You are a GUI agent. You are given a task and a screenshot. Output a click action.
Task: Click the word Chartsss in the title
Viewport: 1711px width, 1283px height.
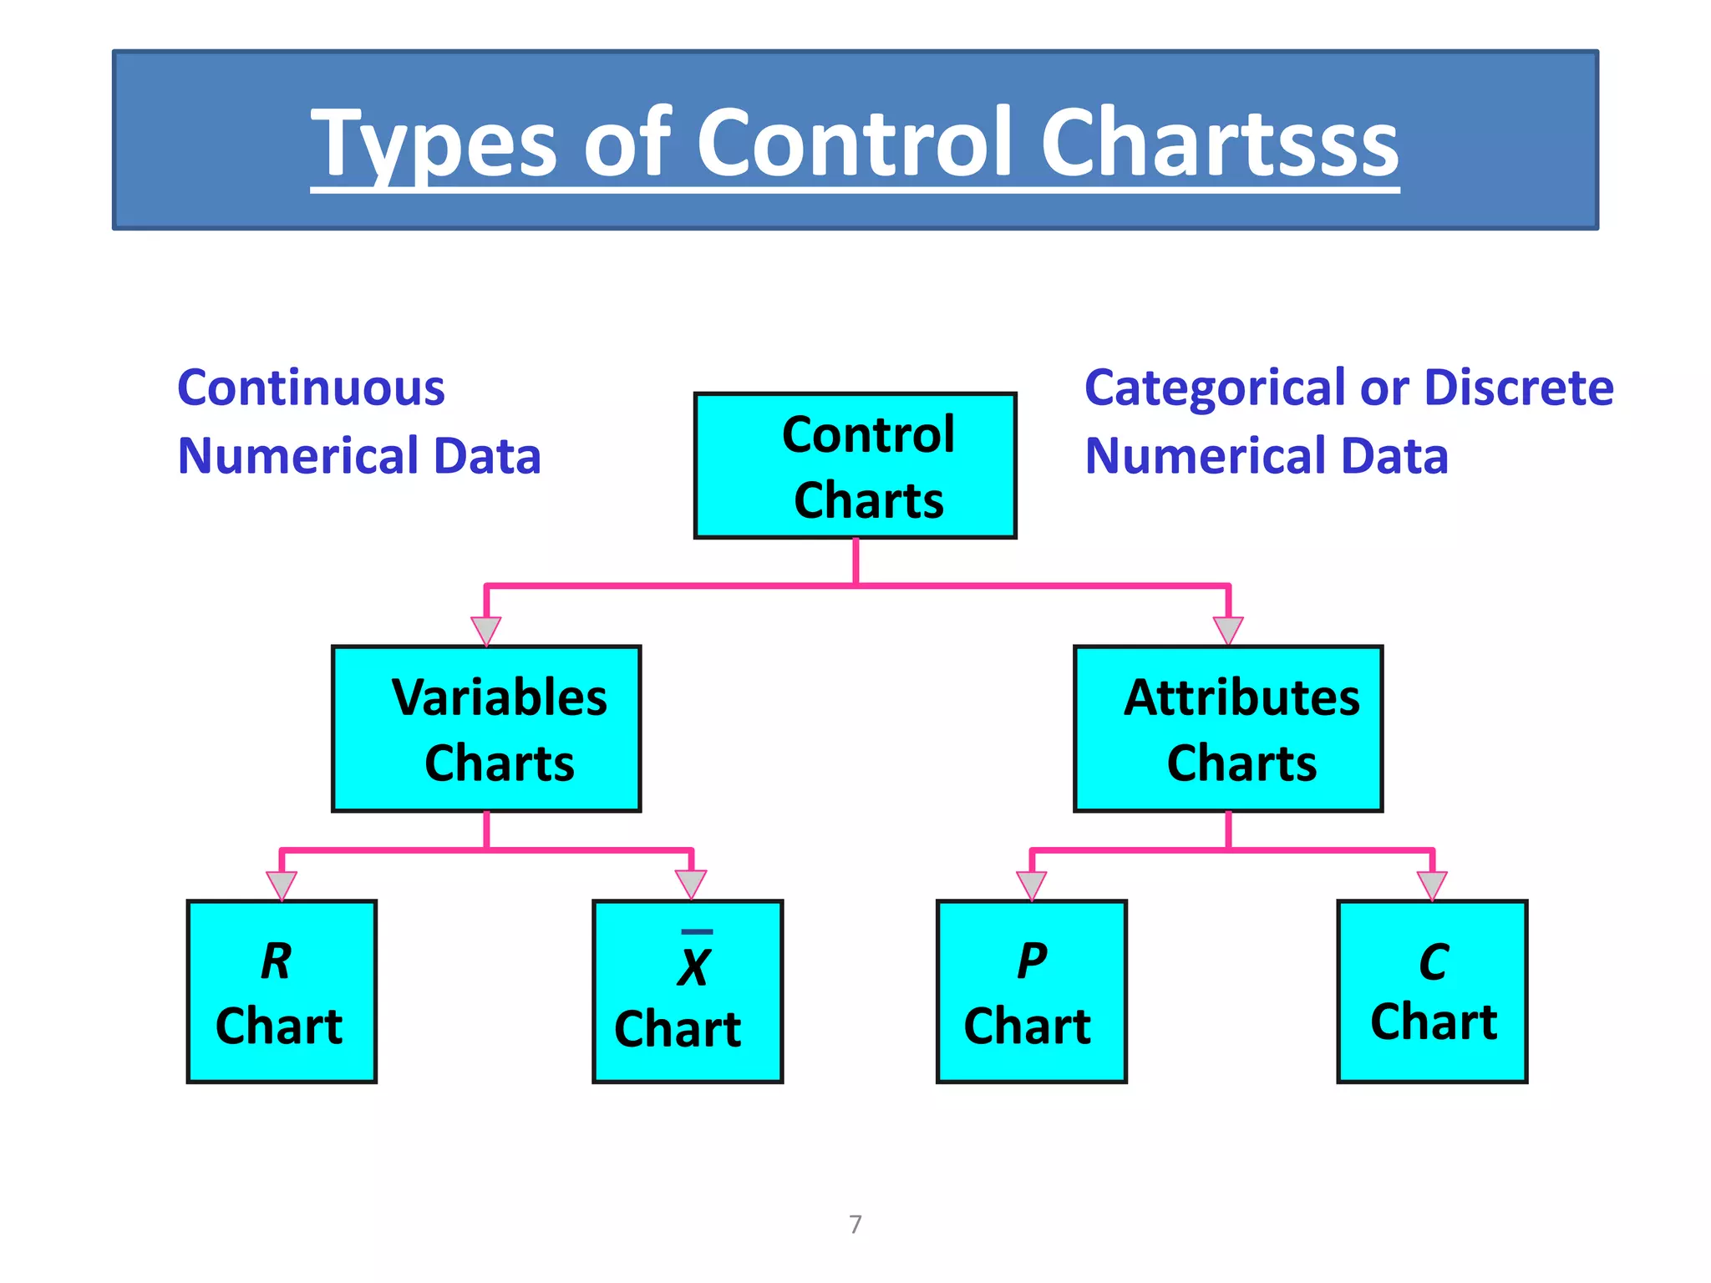pos(1219,144)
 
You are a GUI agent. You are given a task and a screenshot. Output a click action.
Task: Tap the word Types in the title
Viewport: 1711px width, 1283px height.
pos(434,144)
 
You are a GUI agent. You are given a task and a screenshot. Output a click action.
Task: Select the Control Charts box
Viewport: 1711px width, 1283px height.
pos(855,465)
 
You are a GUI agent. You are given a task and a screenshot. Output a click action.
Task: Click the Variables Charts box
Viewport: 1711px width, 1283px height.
pos(486,728)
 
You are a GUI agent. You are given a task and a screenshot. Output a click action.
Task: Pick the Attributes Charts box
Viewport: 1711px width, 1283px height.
pos(1227,728)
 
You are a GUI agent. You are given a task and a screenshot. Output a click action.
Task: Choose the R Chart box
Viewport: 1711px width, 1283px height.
pos(282,991)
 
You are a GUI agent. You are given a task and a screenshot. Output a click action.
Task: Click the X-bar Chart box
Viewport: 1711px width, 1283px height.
pos(687,991)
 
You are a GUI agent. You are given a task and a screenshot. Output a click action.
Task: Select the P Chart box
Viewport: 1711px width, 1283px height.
pos(1031,991)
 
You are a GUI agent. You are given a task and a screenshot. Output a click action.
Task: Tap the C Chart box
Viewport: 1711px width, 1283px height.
pos(1432,991)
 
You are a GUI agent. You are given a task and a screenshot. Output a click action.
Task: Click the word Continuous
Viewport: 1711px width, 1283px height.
pos(311,388)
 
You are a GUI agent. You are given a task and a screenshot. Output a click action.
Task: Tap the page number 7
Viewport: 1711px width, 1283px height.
pos(855,1225)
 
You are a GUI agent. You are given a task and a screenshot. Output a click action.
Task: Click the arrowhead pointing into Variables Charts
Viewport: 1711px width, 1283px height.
pos(486,629)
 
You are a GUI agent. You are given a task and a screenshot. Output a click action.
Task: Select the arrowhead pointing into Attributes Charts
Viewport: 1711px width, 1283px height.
pos(1227,629)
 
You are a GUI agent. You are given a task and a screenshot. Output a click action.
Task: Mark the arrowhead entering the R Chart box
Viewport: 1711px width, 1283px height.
pos(282,885)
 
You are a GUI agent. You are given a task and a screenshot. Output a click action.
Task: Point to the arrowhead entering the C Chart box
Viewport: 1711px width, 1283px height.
pos(1432,885)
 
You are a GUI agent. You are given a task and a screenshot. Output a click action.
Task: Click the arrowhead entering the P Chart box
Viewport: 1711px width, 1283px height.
pos(1031,885)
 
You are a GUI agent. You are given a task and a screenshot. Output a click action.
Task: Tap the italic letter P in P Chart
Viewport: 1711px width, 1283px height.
pos(1032,961)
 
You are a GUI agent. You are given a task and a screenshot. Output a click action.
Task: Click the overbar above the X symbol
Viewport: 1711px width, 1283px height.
pos(697,931)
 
